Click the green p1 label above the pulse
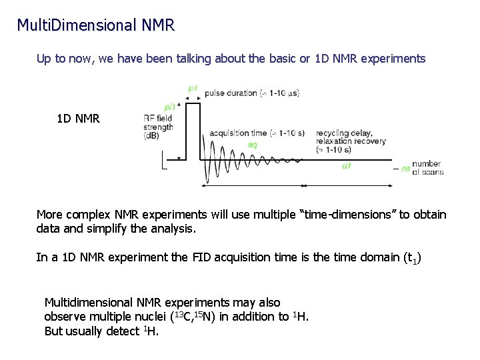(193, 87)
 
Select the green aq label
(253, 144)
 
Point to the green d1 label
(347, 166)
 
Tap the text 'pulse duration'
(229, 93)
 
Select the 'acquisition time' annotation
(237, 133)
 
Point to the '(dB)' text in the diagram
(151, 136)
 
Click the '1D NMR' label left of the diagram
(78, 119)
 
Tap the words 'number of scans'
(427, 168)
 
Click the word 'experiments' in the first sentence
(393, 59)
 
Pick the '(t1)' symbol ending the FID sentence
(412, 258)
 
